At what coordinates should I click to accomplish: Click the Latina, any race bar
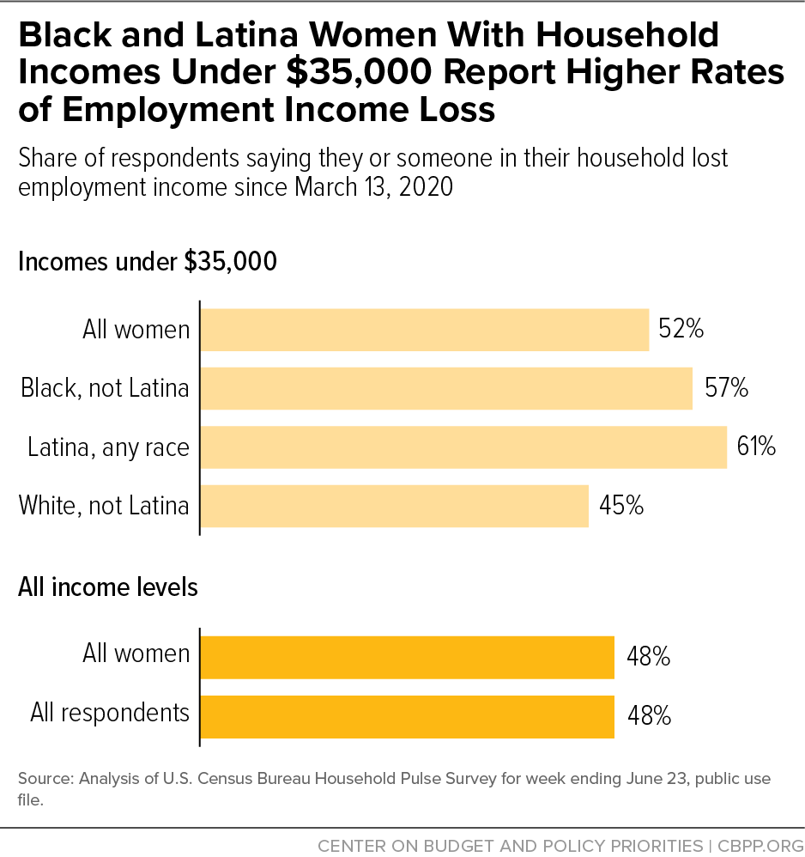[x=463, y=447]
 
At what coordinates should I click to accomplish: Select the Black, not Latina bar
[x=446, y=388]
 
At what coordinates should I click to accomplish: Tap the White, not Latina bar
[x=394, y=506]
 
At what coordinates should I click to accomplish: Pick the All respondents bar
[x=407, y=716]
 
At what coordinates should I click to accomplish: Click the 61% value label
[x=756, y=447]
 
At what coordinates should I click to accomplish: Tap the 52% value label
[x=681, y=330]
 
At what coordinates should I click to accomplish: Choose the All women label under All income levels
[x=136, y=654]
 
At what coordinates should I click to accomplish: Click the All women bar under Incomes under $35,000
[x=425, y=330]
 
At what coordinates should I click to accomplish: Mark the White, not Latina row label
[x=104, y=506]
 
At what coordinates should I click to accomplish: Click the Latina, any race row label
[x=108, y=447]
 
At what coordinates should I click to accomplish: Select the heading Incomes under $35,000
[x=148, y=261]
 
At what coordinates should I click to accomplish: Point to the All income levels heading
[x=108, y=587]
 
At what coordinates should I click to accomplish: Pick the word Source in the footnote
[x=44, y=780]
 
